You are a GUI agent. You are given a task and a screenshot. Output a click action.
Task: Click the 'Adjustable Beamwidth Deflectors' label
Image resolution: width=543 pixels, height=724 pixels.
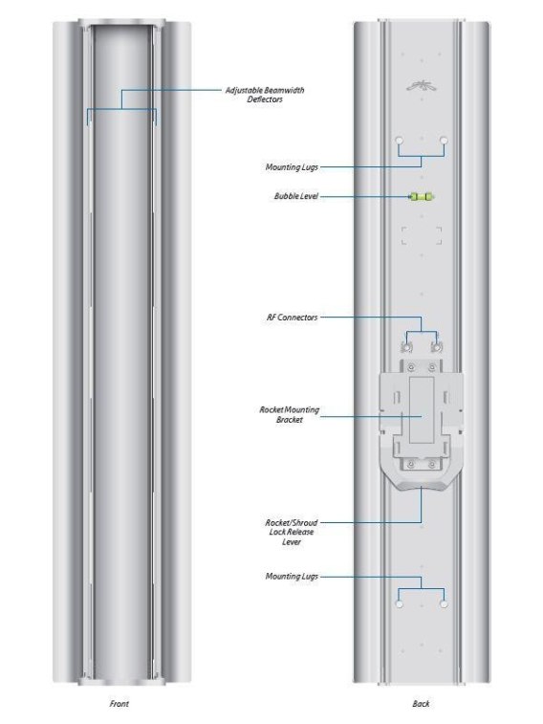(265, 95)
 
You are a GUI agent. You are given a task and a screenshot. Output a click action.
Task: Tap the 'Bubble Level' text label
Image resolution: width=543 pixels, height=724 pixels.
(296, 196)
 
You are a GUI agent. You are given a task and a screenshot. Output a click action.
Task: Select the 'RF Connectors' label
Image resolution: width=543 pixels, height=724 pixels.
(292, 318)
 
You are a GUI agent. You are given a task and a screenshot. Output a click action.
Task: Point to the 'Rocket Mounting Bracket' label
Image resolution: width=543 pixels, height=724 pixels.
(290, 415)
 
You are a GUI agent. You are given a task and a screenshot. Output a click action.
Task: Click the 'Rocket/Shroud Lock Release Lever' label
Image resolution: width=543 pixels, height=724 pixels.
(292, 533)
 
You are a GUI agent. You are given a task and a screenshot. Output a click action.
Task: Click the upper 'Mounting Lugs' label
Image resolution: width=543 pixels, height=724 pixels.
(292, 167)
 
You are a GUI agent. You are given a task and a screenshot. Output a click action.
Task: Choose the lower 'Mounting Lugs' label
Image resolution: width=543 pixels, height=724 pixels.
(292, 577)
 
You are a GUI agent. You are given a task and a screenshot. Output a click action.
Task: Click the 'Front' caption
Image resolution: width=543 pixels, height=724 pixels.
(119, 704)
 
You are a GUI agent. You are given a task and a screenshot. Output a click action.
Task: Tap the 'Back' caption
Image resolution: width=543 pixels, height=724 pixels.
(421, 704)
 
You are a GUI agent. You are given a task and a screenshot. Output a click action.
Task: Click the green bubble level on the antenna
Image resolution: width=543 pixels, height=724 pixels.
(422, 197)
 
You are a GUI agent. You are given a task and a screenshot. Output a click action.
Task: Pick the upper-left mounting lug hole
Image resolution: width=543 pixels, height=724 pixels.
(400, 141)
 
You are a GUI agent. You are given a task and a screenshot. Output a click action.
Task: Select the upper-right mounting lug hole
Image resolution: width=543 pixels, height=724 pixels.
(444, 141)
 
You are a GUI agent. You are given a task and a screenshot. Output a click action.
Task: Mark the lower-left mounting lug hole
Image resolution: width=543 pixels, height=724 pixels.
(400, 603)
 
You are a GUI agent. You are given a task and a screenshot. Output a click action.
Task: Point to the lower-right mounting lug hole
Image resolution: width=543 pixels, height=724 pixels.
(444, 603)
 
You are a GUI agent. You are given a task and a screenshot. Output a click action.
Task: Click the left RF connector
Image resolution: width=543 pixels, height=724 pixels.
(407, 347)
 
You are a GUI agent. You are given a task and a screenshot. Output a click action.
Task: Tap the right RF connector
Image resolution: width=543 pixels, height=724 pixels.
(436, 347)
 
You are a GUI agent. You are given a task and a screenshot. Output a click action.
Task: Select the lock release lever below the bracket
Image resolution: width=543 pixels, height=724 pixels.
(422, 483)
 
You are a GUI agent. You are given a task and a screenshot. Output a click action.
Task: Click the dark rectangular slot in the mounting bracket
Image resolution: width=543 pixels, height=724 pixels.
(422, 410)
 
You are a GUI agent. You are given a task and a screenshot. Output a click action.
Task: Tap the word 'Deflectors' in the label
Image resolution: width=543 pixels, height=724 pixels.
(265, 99)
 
